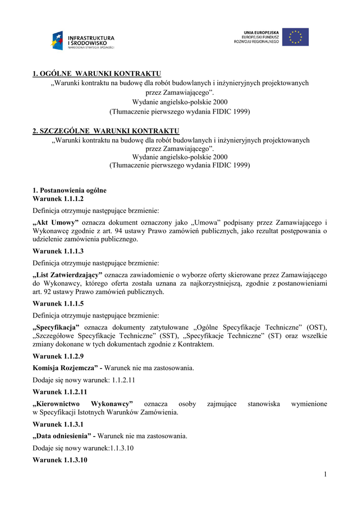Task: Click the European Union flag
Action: [x=295, y=37]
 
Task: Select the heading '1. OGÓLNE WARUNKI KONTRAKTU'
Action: [x=97, y=74]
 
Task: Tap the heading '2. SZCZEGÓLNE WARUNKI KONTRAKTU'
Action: [x=105, y=131]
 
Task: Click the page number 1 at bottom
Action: [x=325, y=475]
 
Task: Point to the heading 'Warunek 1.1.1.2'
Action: [x=58, y=198]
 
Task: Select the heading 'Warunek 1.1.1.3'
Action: [x=58, y=251]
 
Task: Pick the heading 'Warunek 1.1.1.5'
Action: [x=58, y=304]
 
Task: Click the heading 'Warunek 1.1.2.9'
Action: [x=58, y=356]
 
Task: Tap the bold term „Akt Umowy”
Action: [x=56, y=223]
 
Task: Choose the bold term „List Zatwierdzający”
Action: [x=68, y=275]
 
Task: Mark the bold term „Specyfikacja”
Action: [x=57, y=327]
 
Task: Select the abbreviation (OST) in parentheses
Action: [x=317, y=327]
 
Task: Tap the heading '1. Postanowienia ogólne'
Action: [x=70, y=190]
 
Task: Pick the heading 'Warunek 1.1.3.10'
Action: [x=60, y=460]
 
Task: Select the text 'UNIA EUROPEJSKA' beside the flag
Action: [x=261, y=31]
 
